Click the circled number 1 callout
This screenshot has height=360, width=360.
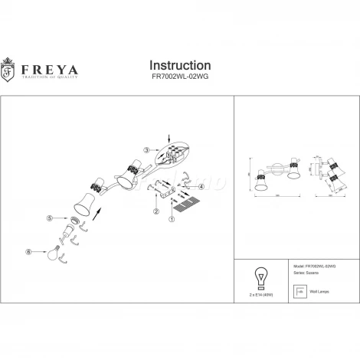click(172, 218)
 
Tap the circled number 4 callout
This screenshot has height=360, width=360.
click(201, 186)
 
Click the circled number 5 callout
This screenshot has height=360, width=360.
click(50, 218)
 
